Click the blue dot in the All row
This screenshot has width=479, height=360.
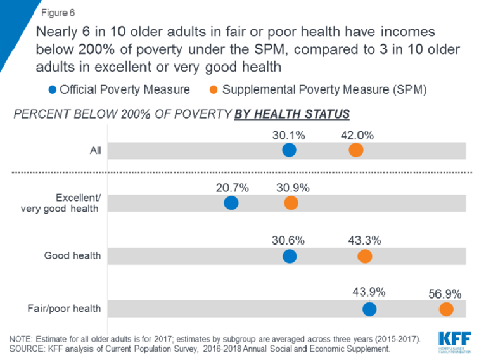(290, 150)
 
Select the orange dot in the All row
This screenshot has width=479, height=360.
(355, 150)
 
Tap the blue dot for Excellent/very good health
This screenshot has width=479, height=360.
(231, 203)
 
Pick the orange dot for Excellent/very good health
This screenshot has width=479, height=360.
(291, 203)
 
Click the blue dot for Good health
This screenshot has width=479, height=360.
(290, 256)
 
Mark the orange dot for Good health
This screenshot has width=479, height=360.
(365, 256)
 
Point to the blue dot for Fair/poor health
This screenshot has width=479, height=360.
(369, 309)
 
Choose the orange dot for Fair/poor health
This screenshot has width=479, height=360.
(446, 309)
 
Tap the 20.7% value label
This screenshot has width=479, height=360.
(232, 188)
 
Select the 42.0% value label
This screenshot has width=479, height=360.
(356, 135)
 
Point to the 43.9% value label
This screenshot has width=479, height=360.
(369, 293)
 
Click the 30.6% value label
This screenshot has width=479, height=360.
(290, 241)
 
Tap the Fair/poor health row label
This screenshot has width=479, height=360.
(71, 309)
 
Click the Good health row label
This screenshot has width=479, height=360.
(73, 256)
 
